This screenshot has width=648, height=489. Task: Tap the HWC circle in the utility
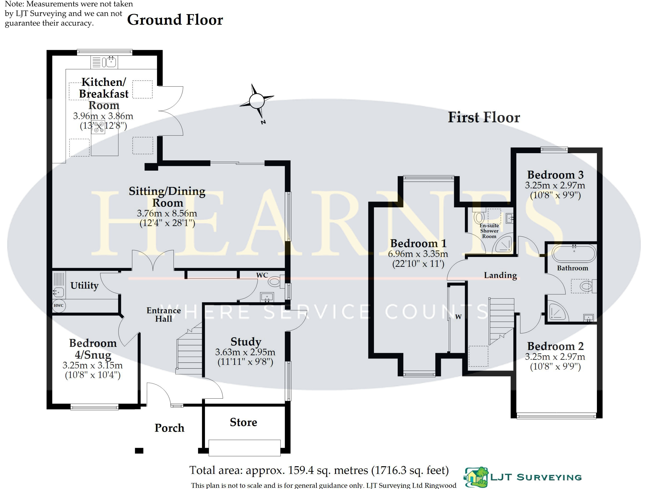(59, 306)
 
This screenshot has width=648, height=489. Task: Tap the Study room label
(246, 342)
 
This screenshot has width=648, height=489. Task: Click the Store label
(243, 422)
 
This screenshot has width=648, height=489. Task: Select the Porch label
(169, 428)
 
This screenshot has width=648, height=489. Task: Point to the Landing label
(500, 275)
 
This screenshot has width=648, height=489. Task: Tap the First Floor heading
(484, 117)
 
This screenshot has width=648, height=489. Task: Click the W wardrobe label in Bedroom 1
(458, 317)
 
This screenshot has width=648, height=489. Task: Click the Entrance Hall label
(163, 314)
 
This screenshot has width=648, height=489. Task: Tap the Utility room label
(84, 285)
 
